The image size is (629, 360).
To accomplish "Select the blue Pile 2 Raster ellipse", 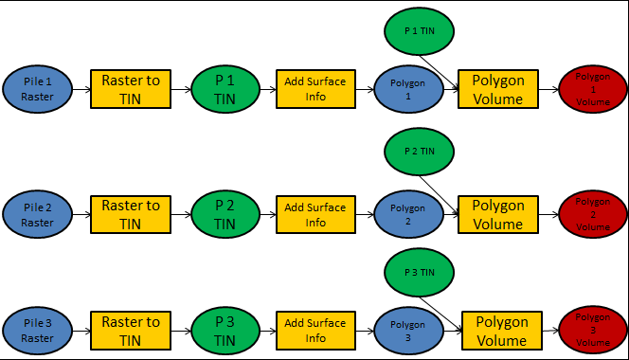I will [x=39, y=214].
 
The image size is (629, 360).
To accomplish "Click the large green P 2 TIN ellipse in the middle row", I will [x=225, y=215].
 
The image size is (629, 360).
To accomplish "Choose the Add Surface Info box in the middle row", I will [x=315, y=215].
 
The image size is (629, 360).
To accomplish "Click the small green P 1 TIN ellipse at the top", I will [x=420, y=30].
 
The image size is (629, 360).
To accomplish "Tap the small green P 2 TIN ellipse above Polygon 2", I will [x=420, y=152].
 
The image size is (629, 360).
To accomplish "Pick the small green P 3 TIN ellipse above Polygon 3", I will [x=420, y=272].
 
